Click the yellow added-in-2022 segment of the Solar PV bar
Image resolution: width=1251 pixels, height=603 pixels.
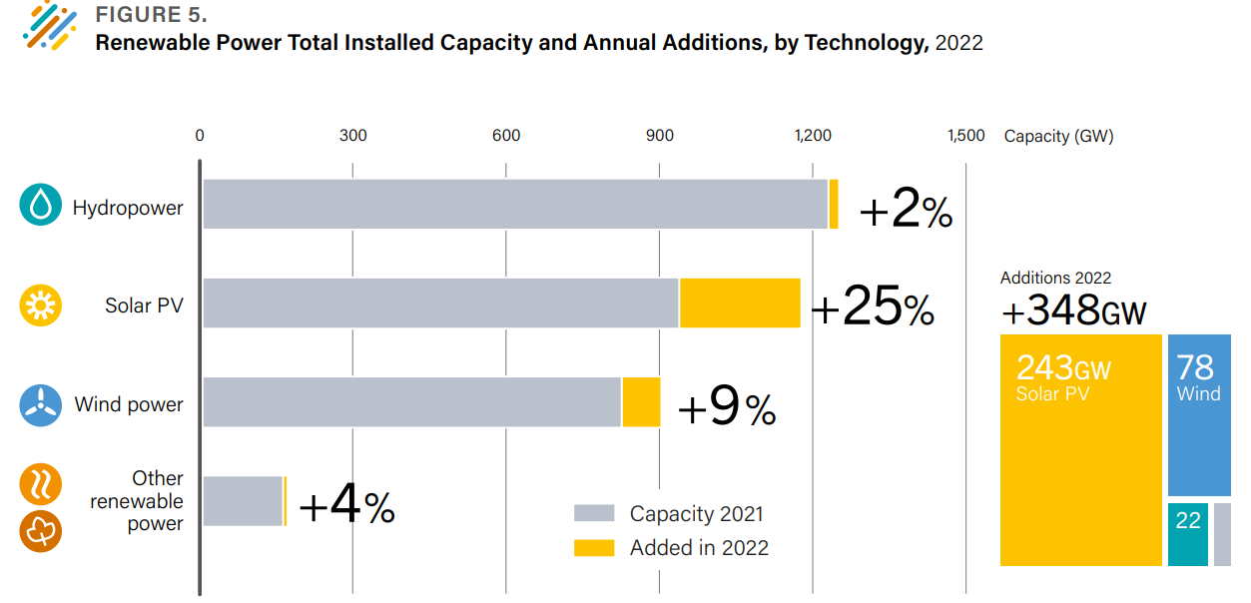coord(740,302)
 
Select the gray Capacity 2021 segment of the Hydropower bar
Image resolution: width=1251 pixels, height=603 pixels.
coord(515,205)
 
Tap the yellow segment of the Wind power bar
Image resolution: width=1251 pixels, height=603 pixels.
coord(641,401)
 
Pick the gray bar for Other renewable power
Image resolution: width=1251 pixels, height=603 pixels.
coord(243,501)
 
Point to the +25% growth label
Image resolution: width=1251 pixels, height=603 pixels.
coord(872,308)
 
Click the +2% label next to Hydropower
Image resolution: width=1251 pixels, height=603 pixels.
coord(905,211)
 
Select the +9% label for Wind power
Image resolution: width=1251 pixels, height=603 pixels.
coord(726,408)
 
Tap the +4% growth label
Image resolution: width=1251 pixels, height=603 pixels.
coord(346,507)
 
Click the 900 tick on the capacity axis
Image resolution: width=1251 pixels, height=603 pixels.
coord(659,136)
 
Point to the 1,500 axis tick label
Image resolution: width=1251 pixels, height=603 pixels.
coord(965,136)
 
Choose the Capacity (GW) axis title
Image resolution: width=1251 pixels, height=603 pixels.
coord(1058,136)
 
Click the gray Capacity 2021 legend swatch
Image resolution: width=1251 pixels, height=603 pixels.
coord(594,514)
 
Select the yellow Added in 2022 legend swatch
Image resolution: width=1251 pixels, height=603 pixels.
coord(594,547)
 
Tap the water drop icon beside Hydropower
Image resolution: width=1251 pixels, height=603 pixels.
coord(41,206)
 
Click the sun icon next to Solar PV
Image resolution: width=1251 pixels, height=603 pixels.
coord(41,304)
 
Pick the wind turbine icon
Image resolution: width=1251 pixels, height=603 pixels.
coord(41,404)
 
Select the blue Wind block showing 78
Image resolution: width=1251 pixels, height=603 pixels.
coord(1198,414)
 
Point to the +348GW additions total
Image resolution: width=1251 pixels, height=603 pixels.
coord(1073,310)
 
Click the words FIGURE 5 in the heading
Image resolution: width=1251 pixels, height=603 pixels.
coord(151,17)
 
